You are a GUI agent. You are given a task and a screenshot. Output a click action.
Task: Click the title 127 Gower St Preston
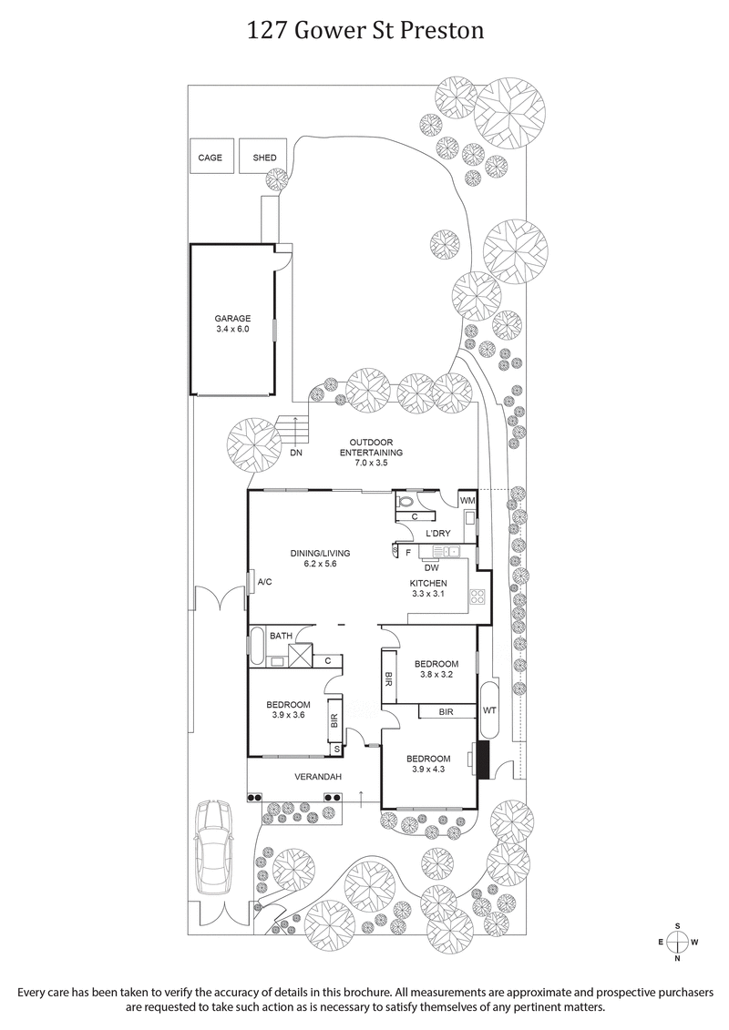364,31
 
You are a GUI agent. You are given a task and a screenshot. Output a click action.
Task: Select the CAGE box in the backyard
210,158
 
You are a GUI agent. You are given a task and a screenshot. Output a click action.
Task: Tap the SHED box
264,158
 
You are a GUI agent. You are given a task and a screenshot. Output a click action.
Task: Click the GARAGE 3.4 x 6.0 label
232,323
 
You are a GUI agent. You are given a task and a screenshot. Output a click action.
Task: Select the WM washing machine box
467,501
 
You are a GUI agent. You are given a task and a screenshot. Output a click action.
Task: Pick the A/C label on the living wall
265,582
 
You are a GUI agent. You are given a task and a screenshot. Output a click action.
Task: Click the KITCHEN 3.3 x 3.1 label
427,587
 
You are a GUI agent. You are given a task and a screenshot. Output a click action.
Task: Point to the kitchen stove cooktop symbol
477,597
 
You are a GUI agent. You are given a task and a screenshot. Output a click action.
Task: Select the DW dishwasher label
432,566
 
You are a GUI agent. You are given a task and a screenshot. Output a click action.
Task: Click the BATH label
280,636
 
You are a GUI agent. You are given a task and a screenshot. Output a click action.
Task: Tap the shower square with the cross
300,655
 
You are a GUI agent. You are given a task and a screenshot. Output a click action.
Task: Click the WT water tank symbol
489,709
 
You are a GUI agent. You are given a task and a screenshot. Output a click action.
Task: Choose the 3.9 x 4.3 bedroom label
428,764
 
